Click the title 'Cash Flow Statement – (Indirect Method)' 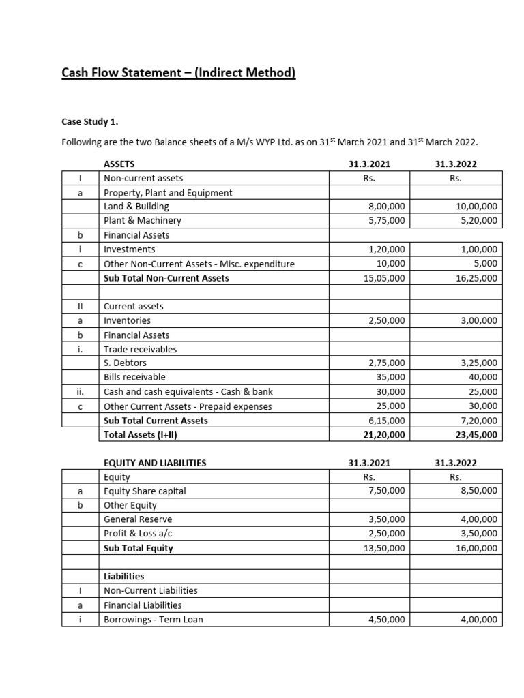[x=178, y=73]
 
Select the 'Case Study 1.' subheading [x=89, y=122]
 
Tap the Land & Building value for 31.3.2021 [x=386, y=206]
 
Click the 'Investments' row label [x=129, y=249]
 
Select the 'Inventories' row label [x=127, y=320]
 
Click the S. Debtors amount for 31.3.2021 [x=386, y=363]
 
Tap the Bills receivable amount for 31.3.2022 [x=482, y=376]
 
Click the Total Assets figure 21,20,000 [x=382, y=434]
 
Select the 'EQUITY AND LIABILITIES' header [x=154, y=463]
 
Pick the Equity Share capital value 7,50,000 [x=386, y=491]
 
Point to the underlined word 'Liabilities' [x=123, y=576]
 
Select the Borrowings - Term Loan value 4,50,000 [x=386, y=620]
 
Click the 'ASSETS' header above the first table [x=119, y=164]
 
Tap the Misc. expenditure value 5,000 [x=486, y=264]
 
